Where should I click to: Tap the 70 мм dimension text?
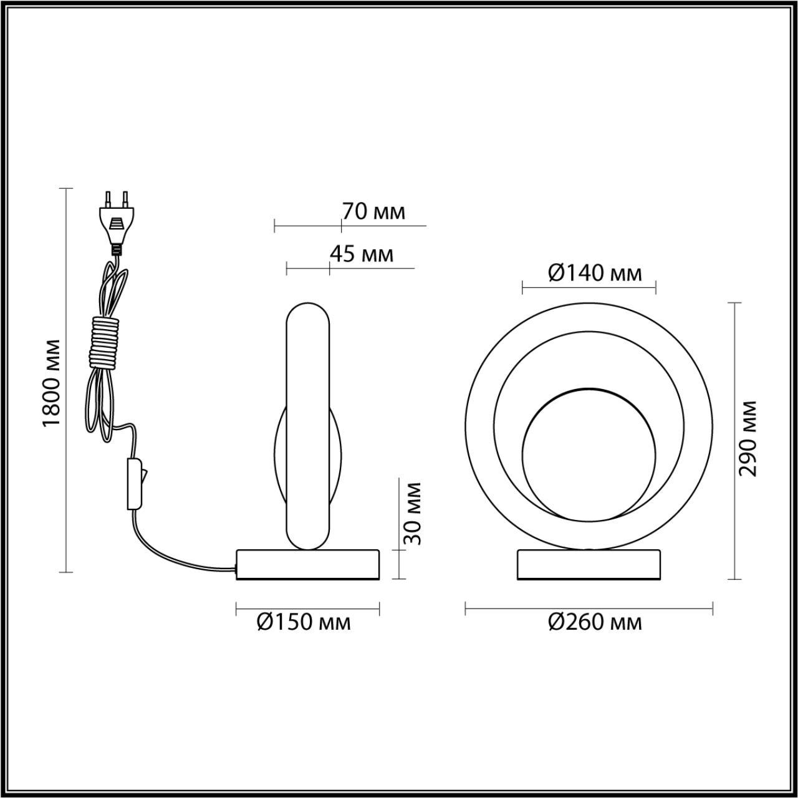click(373, 212)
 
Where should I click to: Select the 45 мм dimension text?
click(362, 254)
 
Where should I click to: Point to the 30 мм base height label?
click(412, 513)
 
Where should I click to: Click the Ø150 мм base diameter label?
click(304, 622)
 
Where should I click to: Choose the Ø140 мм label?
click(595, 273)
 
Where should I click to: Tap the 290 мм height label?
click(748, 438)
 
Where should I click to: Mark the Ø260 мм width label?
click(595, 622)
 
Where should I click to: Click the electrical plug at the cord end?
click(117, 224)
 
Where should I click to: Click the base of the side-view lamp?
click(307, 565)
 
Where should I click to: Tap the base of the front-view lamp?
click(589, 565)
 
